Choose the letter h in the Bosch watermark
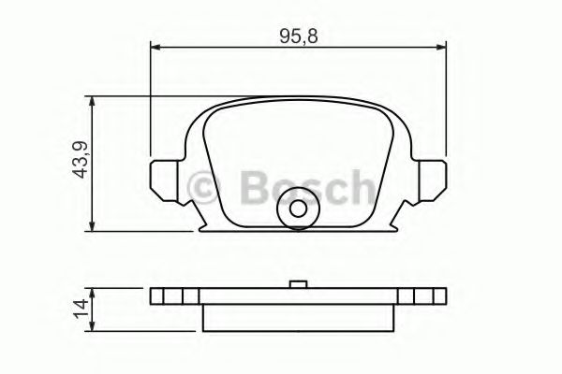click(361, 187)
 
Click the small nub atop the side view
click(298, 284)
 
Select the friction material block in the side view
click(298, 314)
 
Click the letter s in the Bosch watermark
click(308, 190)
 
